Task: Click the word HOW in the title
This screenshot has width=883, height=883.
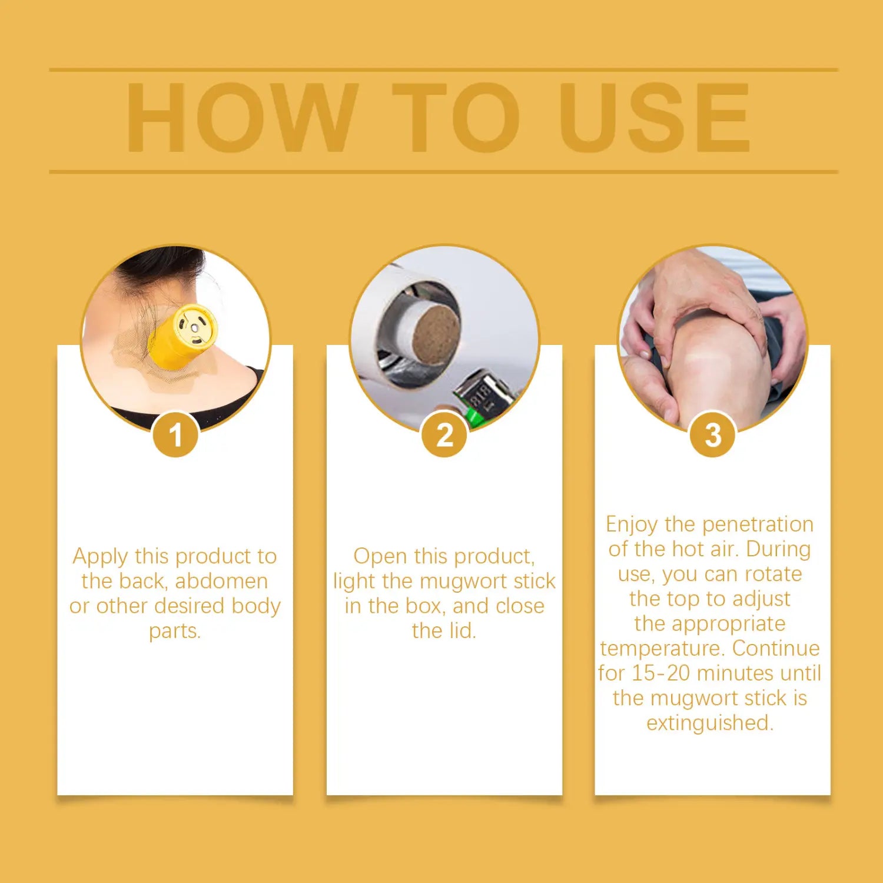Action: tap(242, 118)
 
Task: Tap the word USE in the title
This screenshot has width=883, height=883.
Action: tap(655, 118)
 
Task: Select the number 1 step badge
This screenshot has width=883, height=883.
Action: tap(175, 435)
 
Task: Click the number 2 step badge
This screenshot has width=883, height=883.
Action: tap(444, 435)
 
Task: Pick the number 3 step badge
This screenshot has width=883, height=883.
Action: tap(713, 435)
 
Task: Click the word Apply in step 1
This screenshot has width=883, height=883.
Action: tap(100, 557)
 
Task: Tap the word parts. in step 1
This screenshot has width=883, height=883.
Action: tap(175, 632)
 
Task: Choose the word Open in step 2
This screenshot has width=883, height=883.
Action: tap(380, 557)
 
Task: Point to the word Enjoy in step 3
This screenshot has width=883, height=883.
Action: tap(632, 525)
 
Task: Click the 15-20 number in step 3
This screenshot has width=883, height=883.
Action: tap(661, 673)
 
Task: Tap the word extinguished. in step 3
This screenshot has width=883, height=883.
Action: tap(710, 723)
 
